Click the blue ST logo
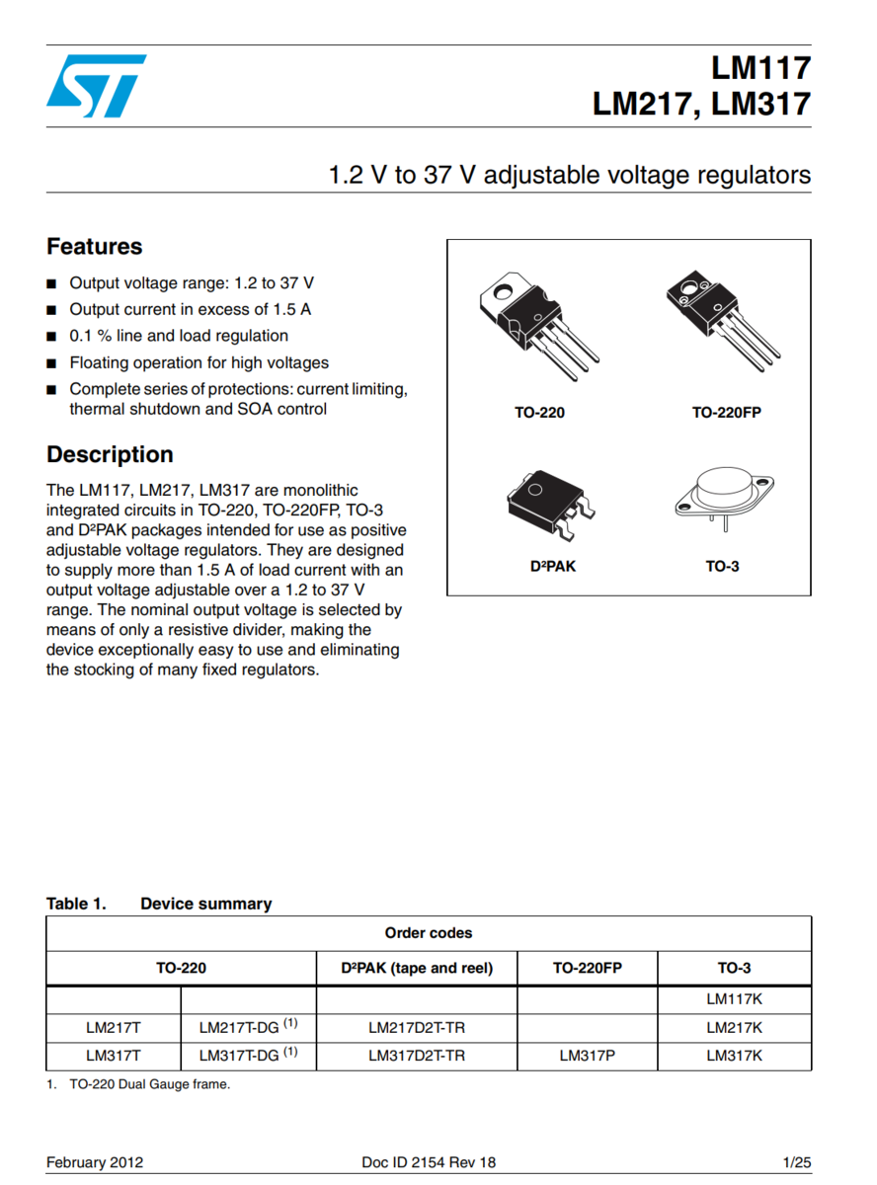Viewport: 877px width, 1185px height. pyautogui.click(x=96, y=86)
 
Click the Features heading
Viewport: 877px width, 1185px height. pyautogui.click(x=95, y=247)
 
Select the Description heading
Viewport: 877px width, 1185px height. pyautogui.click(x=110, y=454)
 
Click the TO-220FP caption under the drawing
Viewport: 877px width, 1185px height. pyautogui.click(x=726, y=413)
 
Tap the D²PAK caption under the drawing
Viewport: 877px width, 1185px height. pyautogui.click(x=553, y=567)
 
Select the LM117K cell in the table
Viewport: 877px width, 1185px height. pyautogui.click(x=734, y=999)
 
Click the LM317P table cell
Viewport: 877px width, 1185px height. pyautogui.click(x=587, y=1056)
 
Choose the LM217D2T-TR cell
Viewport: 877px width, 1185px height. pyautogui.click(x=416, y=1028)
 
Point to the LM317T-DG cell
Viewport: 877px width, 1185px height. pyautogui.click(x=248, y=1056)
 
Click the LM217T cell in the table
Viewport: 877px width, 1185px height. pyautogui.click(x=114, y=1028)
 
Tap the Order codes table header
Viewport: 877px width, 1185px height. pyautogui.click(x=429, y=933)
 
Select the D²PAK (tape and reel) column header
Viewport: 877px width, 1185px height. pyautogui.click(x=416, y=968)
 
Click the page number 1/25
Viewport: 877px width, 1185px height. pyautogui.click(x=796, y=1162)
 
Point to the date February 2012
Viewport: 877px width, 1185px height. pyautogui.click(x=95, y=1162)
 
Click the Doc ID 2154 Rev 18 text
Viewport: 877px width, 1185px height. pyautogui.click(x=429, y=1162)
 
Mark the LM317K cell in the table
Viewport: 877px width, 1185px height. pyautogui.click(x=734, y=1056)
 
